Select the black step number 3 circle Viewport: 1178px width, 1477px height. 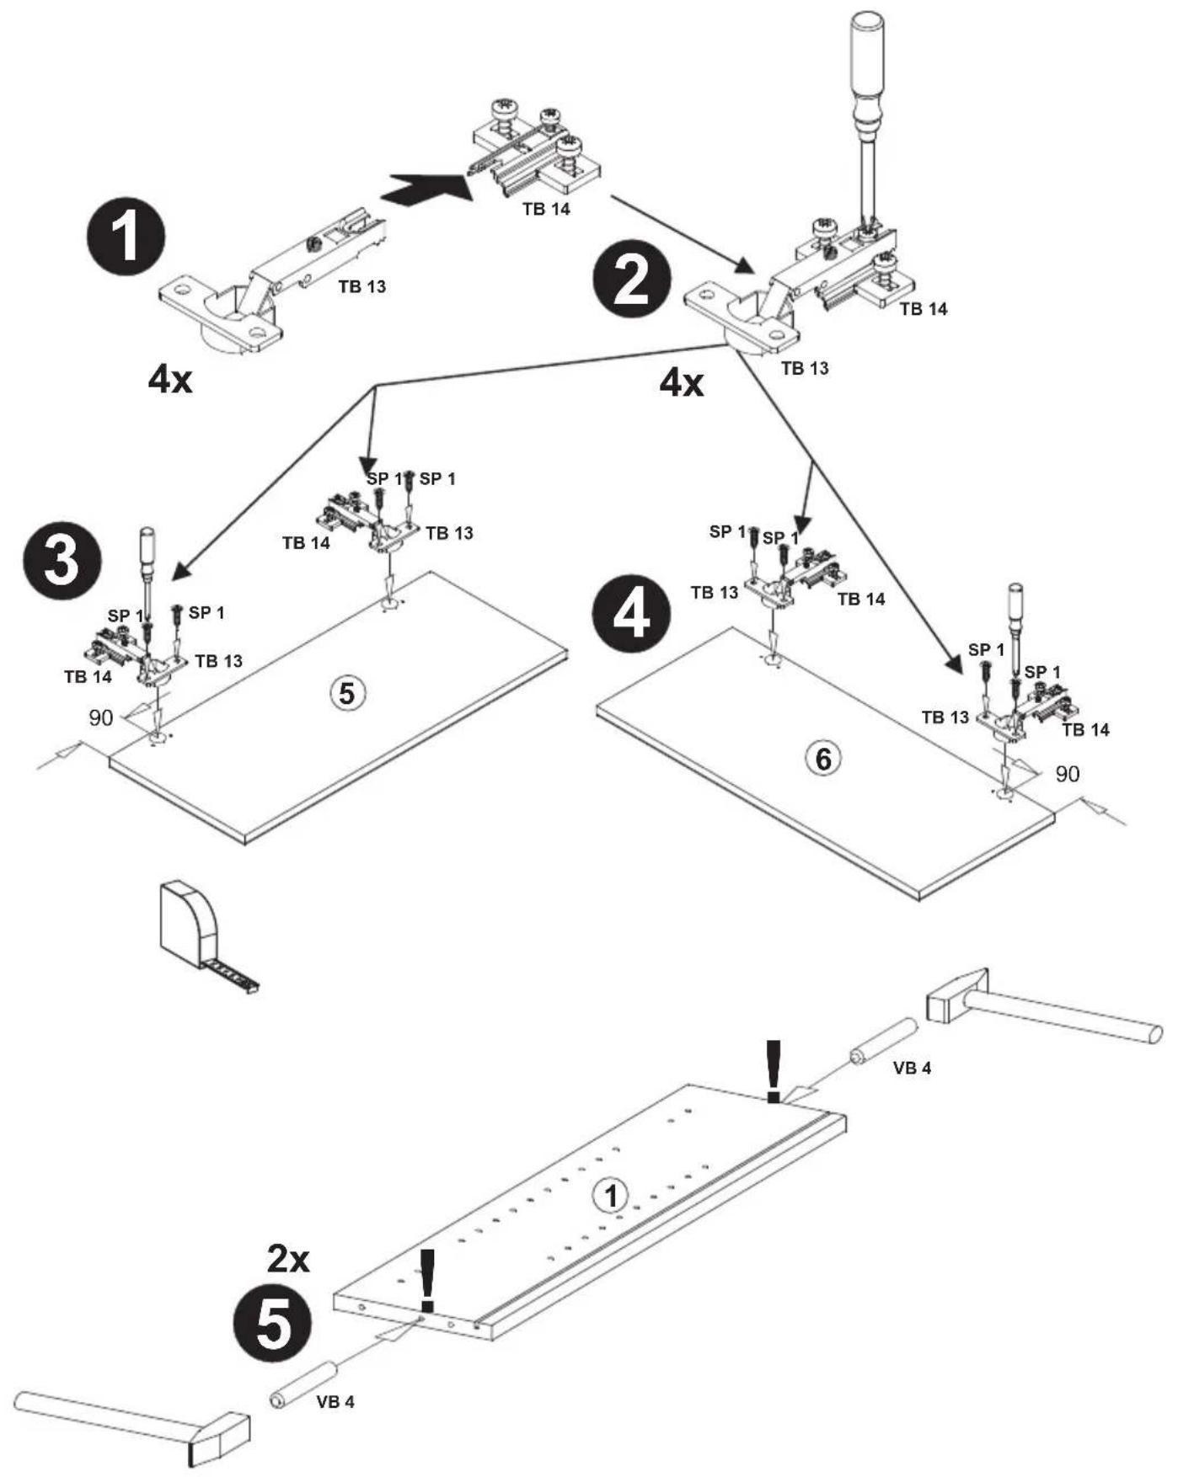(63, 559)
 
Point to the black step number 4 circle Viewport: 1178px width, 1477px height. (631, 613)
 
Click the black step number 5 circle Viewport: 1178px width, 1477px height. (272, 1325)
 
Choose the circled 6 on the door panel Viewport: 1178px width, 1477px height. (822, 759)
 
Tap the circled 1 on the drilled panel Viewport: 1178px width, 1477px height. (611, 1196)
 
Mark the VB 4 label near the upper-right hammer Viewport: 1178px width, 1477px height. (912, 1068)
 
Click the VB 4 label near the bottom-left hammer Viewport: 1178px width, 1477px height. (335, 1402)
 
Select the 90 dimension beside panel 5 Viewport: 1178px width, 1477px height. (101, 717)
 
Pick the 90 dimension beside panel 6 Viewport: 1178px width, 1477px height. (1068, 773)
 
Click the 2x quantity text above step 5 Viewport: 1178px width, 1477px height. (288, 1260)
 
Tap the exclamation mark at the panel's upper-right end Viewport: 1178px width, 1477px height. (773, 1070)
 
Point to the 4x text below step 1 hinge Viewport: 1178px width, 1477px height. (170, 381)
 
